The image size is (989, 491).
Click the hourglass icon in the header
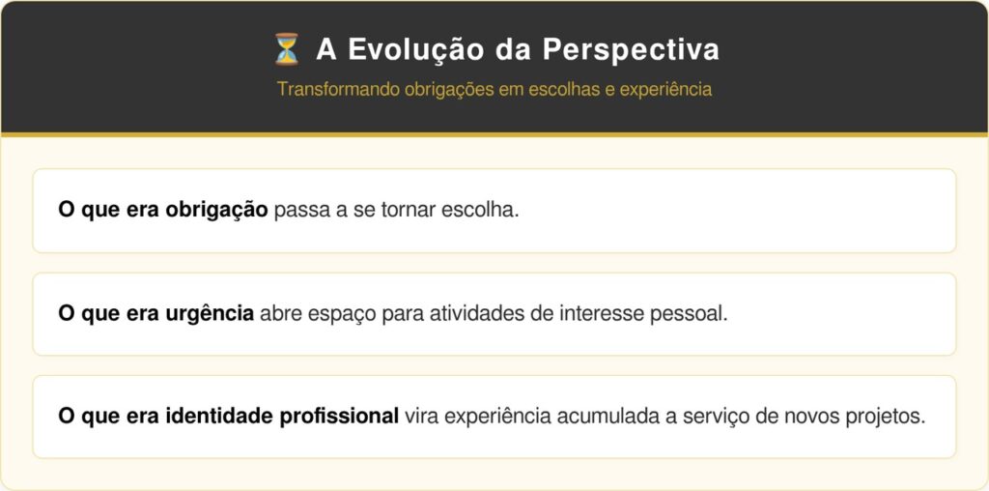tap(286, 49)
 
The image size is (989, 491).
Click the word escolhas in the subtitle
tap(564, 89)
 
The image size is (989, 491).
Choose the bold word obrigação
tap(217, 210)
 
